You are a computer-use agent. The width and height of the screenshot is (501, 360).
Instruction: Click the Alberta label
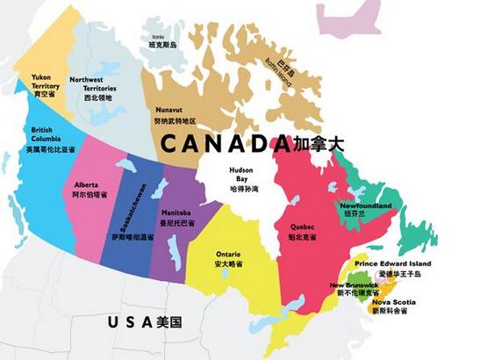tap(87, 185)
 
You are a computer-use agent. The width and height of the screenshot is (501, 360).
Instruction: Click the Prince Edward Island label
tap(392, 263)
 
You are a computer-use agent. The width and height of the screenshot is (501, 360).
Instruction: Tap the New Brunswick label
tap(354, 285)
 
